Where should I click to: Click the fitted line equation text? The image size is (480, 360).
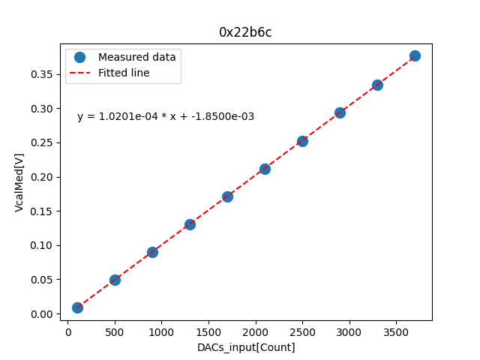166,116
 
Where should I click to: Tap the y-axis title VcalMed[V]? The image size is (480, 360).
19,182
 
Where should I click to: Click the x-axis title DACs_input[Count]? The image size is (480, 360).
246,347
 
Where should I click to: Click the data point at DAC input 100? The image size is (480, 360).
77,307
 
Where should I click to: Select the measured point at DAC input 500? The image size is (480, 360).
115,280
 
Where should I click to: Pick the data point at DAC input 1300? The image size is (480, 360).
190,224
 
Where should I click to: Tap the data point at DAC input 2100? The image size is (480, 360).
265,169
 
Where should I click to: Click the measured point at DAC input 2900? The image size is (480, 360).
340,112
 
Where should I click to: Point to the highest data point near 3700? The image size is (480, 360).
415,55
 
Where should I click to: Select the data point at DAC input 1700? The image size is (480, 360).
227,196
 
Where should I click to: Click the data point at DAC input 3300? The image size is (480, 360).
377,85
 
